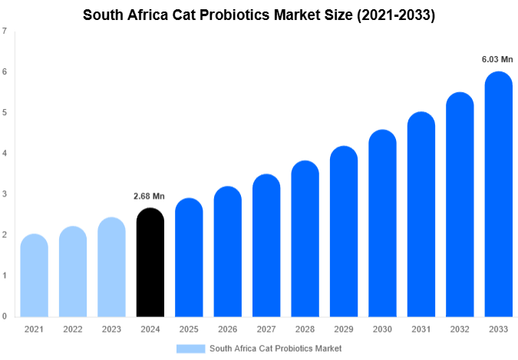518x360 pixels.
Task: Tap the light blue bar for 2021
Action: (34, 276)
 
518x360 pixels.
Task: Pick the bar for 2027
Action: (266, 246)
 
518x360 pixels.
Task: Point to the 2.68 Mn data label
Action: (150, 196)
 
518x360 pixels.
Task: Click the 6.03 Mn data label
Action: (497, 59)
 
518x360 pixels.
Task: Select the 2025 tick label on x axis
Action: (188, 329)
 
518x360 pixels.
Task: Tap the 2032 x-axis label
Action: (459, 329)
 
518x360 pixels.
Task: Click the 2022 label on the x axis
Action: (72, 329)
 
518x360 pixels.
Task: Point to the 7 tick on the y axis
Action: (5, 31)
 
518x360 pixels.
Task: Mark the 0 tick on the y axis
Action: (5, 316)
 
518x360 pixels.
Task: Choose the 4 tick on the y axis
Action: (5, 154)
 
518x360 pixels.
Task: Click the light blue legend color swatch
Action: (190, 348)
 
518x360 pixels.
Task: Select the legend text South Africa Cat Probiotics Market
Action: (275, 348)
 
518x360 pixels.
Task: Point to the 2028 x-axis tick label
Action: (305, 329)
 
